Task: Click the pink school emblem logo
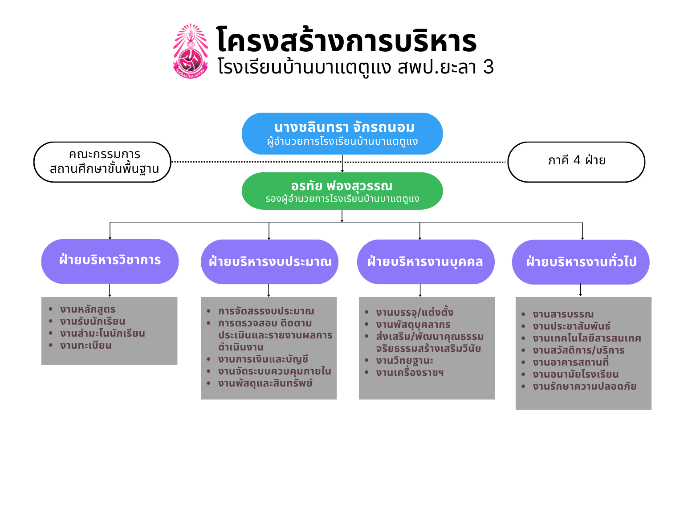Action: [x=191, y=51]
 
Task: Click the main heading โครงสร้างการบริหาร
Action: [x=346, y=40]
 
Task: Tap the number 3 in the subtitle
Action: [x=489, y=67]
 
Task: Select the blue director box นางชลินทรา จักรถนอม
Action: [x=342, y=133]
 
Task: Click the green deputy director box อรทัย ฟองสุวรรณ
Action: [x=342, y=191]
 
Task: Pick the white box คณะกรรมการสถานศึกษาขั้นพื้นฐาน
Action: [x=102, y=162]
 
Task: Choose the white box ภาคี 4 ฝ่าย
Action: [x=576, y=162]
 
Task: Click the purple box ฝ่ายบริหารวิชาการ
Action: [x=110, y=261]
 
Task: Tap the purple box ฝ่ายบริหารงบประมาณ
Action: [x=269, y=262]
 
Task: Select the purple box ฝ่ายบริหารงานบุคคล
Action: [x=426, y=262]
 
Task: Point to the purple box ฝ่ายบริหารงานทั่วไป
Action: [x=581, y=262]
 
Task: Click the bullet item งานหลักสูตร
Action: [x=88, y=309]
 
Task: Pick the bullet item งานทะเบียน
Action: [x=85, y=345]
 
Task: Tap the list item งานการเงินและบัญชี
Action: [x=263, y=359]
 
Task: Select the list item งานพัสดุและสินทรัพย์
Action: [x=265, y=383]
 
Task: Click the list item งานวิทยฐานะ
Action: [x=404, y=361]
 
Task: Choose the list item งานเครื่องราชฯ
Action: [x=410, y=373]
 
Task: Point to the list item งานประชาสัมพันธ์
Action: [x=571, y=326]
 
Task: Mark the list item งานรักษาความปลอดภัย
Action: [x=584, y=386]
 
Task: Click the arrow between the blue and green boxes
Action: [x=342, y=163]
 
